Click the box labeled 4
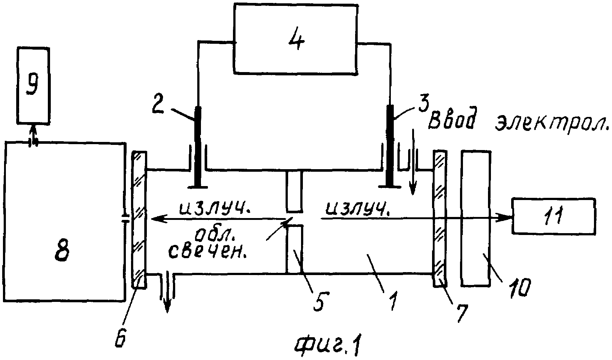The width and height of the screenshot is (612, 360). point(296,39)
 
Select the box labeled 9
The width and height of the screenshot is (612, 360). point(33,86)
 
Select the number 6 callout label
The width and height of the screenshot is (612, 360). point(120,335)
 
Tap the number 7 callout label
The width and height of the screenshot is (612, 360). point(462,313)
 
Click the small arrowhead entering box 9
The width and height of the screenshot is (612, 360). point(33,129)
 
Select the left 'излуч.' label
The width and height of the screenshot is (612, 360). point(215,208)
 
